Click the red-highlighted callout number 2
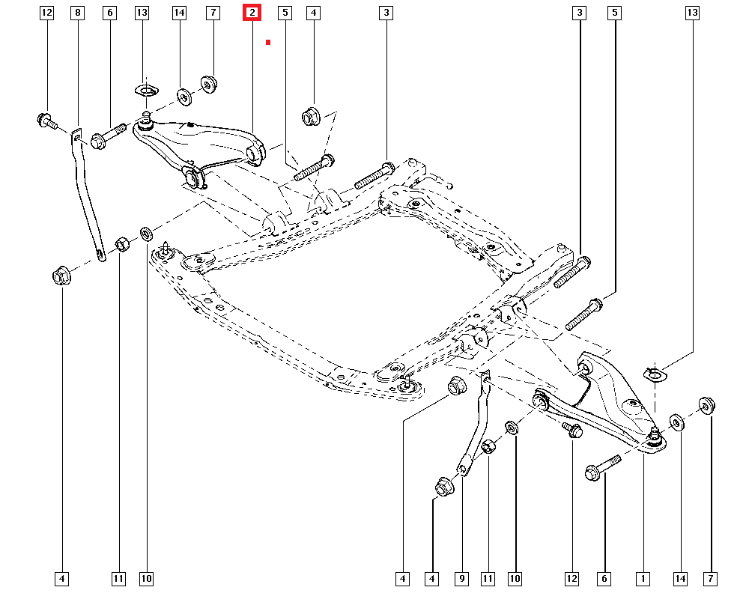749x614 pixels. coord(252,13)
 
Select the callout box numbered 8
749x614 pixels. coord(78,13)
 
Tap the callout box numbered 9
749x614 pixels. coord(462,578)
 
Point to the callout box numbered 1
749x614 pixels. coord(642,578)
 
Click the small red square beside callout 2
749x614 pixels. coord(267,43)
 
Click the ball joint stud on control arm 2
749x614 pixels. coord(148,116)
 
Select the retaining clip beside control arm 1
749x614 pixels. coord(654,372)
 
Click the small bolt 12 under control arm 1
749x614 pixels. coord(573,430)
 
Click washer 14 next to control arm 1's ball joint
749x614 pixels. coord(676,422)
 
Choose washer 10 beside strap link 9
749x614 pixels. coord(513,428)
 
